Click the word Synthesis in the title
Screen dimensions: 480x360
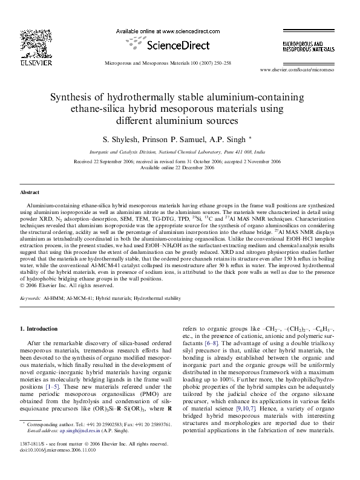click(x=71, y=97)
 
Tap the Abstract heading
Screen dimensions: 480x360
click(x=30, y=192)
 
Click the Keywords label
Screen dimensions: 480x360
click(x=30, y=299)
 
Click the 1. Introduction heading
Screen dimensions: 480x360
click(x=39, y=328)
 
